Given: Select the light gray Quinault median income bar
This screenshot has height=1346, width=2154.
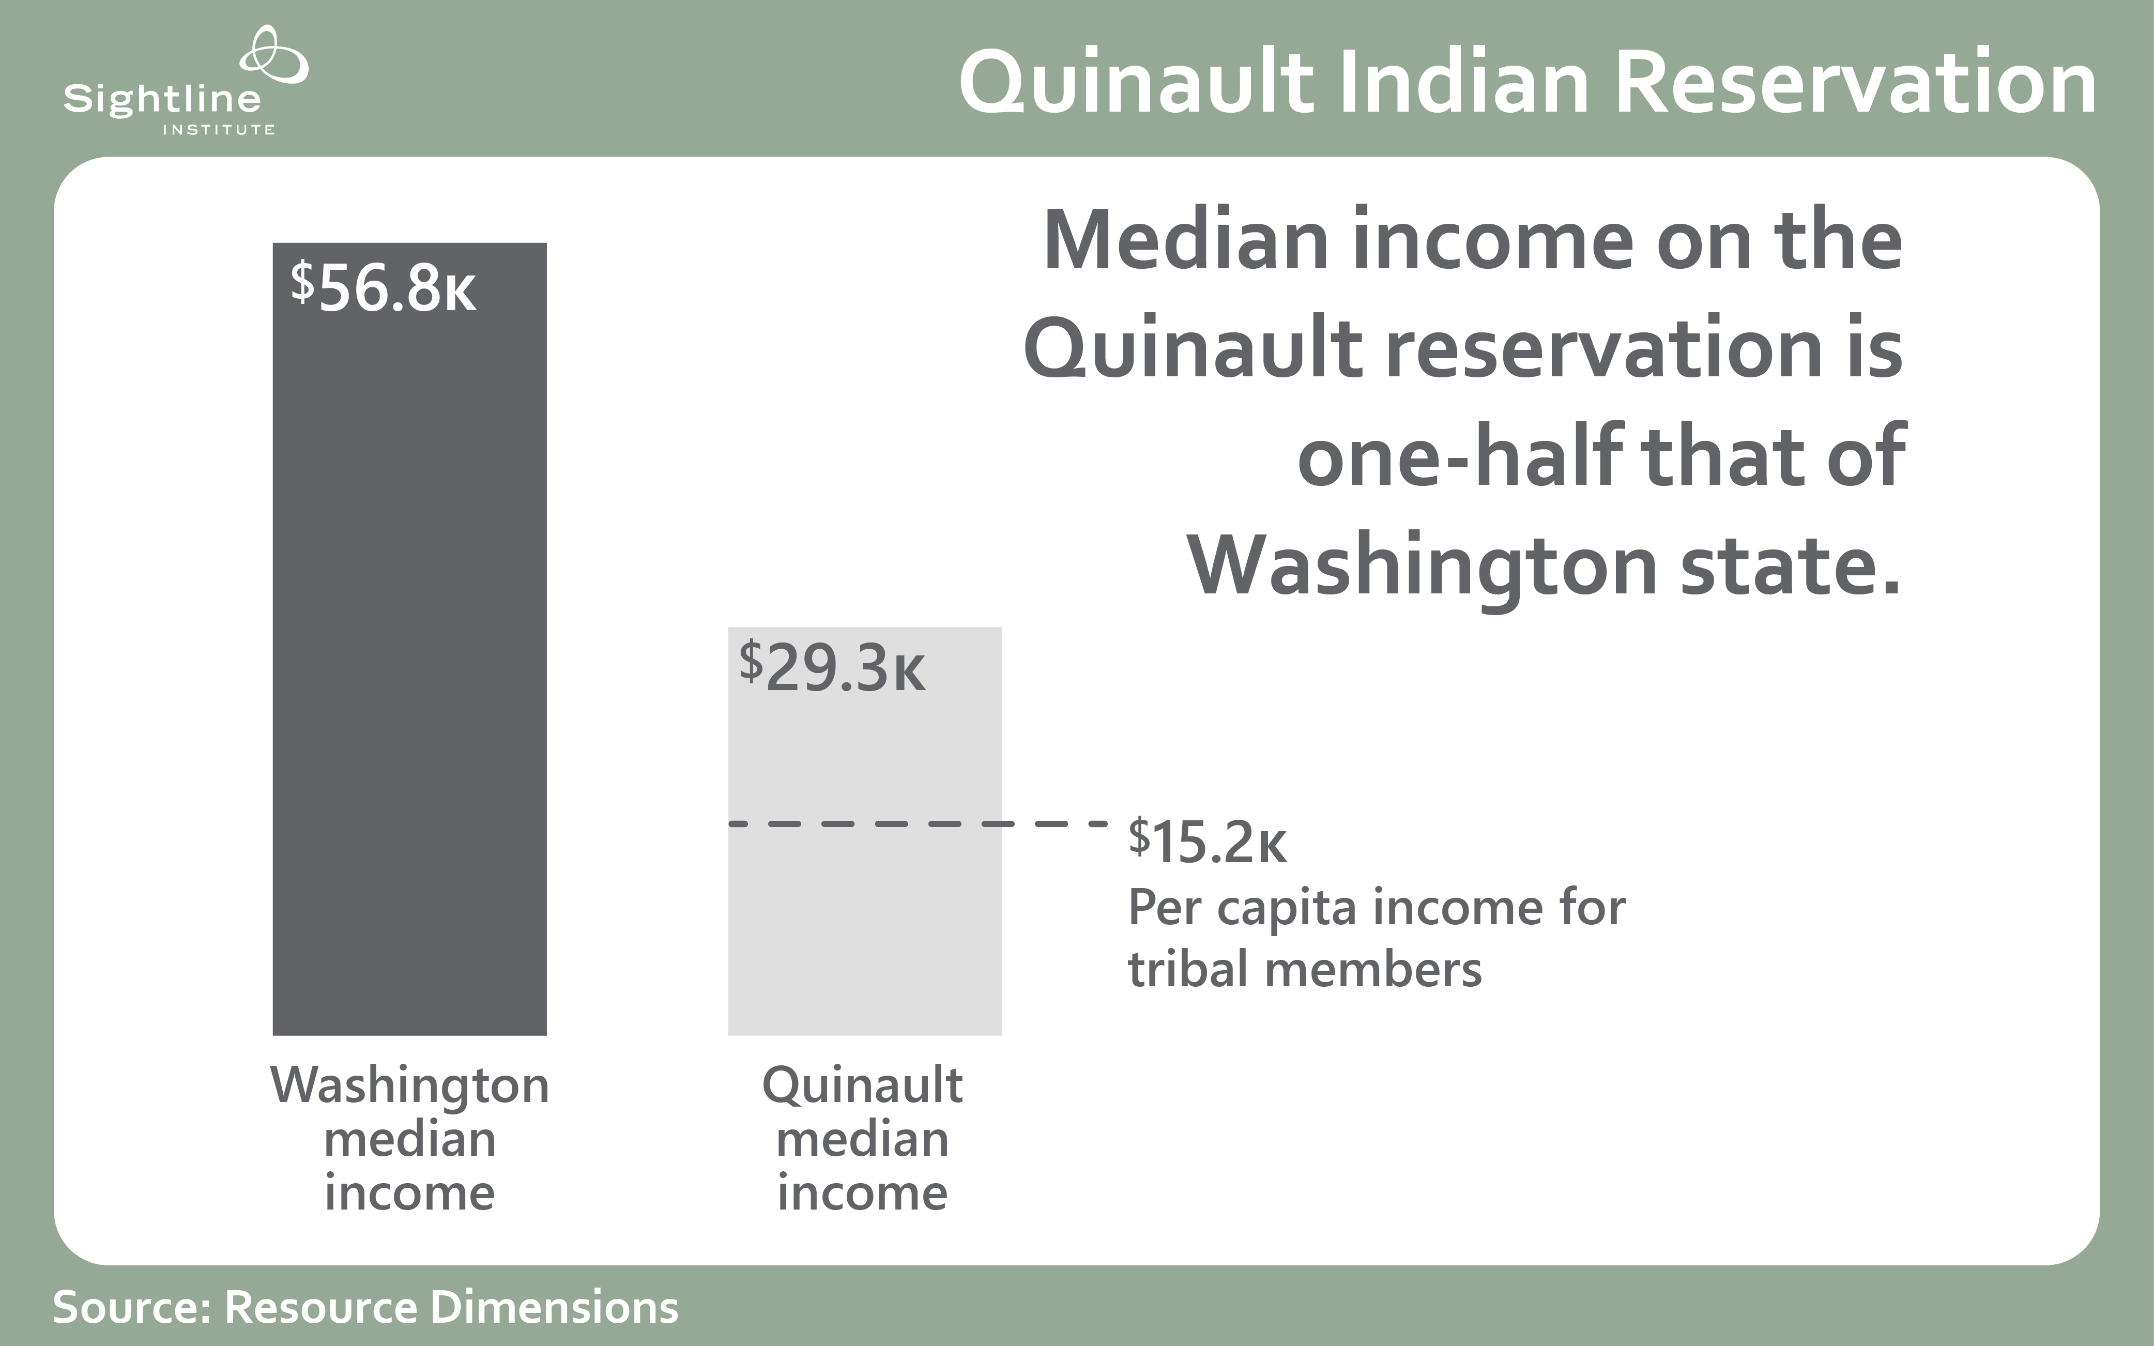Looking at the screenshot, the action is click(865, 832).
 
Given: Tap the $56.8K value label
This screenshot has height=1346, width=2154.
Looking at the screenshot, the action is click(384, 287).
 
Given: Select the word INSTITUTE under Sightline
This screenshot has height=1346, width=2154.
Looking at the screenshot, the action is click(218, 130).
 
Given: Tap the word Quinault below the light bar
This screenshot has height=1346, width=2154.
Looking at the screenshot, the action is click(863, 1086).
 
